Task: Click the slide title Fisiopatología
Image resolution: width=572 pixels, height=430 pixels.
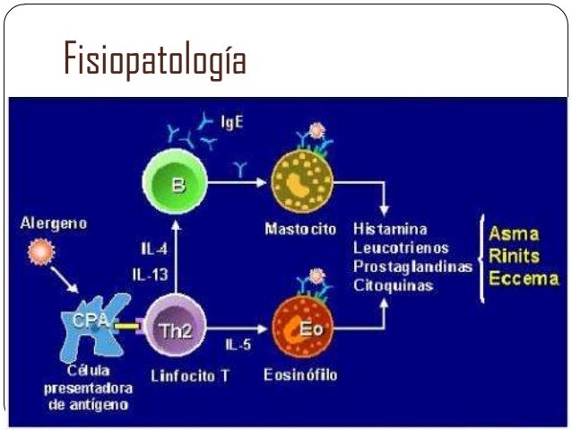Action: coord(154,60)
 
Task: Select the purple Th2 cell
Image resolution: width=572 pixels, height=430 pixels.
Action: coord(176,329)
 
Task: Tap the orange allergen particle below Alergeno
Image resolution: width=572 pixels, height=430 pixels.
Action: coord(39,253)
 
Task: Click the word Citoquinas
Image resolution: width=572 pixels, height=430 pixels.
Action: coord(394,285)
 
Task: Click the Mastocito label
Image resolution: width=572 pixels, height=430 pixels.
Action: coord(300,229)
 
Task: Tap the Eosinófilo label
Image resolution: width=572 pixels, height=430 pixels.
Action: coord(300,374)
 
